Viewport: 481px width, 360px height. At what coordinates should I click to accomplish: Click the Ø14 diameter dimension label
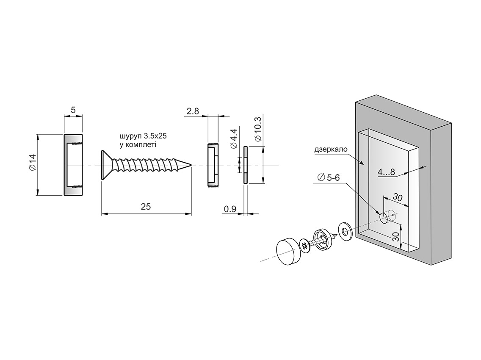tap(33, 163)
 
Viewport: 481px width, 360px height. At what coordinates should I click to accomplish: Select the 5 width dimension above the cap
tap(73, 110)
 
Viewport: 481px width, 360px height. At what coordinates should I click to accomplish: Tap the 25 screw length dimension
tap(146, 207)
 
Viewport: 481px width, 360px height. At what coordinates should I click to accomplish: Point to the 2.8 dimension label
tap(193, 111)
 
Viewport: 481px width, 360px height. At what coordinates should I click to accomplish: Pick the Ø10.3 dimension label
tap(258, 129)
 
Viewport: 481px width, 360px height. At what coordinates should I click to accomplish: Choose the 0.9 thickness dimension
tap(230, 209)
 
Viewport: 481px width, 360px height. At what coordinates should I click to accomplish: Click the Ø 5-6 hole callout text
tap(329, 177)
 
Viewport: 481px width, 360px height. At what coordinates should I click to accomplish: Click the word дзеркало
tap(331, 150)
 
